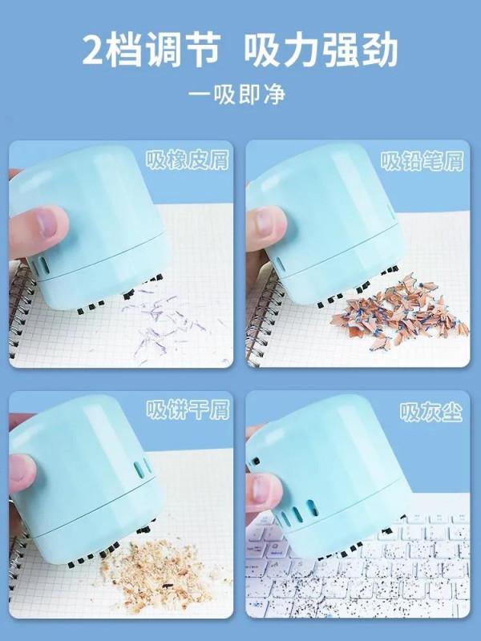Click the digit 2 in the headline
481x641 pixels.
click(97, 50)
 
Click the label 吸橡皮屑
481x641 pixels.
click(187, 160)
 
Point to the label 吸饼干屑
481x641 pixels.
click(187, 411)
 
